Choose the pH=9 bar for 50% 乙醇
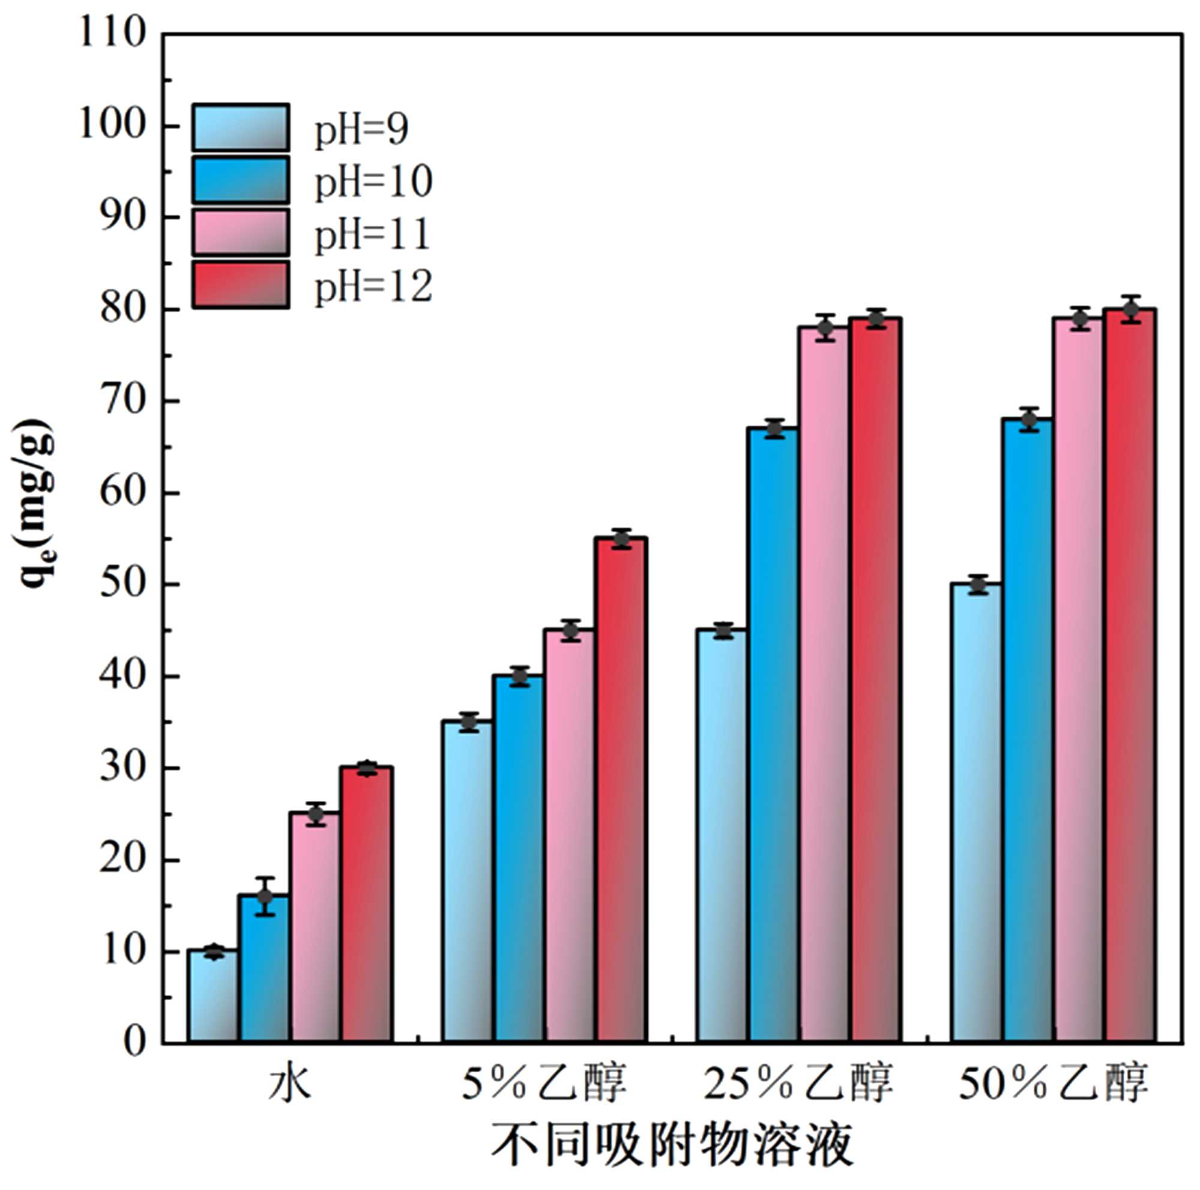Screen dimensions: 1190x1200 pyautogui.click(x=977, y=813)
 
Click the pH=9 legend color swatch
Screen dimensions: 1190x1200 pyautogui.click(x=240, y=127)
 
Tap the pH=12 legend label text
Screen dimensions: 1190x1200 pyautogui.click(x=373, y=286)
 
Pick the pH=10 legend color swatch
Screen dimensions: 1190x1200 pyautogui.click(x=240, y=180)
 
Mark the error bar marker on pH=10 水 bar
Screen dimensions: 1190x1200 pyautogui.click(x=265, y=897)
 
